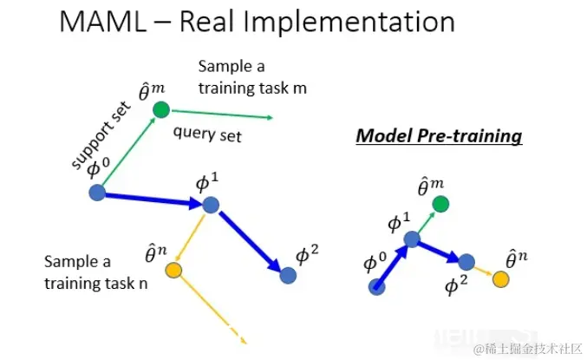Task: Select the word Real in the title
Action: (x=227, y=25)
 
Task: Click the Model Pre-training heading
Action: (x=440, y=136)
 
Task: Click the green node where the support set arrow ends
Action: (x=160, y=109)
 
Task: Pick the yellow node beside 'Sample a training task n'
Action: (x=173, y=271)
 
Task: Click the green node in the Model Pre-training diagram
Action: (x=440, y=205)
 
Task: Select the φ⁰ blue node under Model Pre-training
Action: (x=377, y=286)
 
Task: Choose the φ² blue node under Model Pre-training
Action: (x=466, y=261)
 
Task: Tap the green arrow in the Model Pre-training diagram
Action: (x=427, y=221)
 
